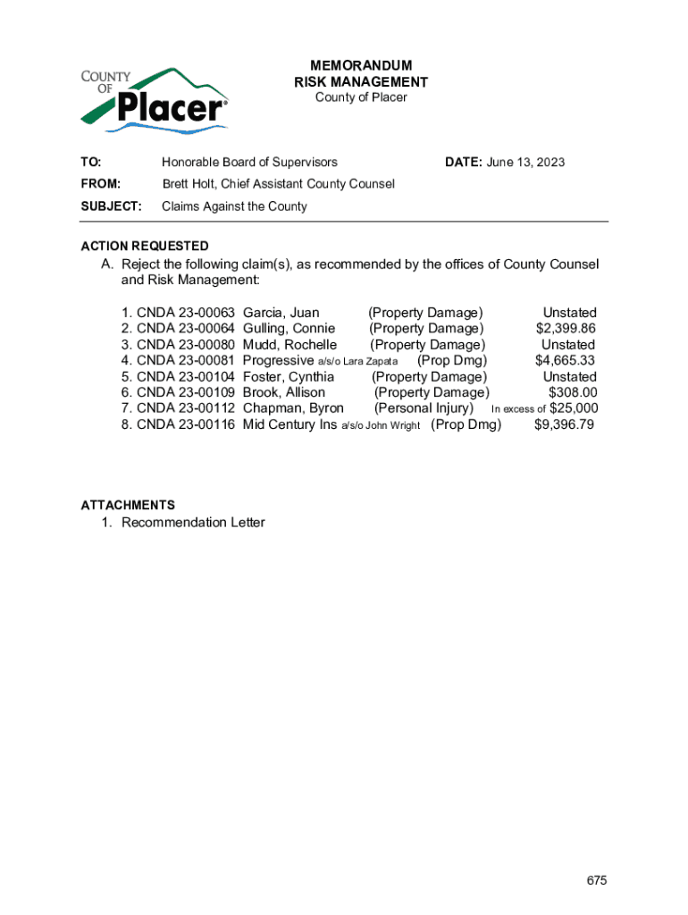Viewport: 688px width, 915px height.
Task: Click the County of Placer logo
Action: pyautogui.click(x=154, y=99)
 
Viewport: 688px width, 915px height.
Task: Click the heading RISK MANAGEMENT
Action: pyautogui.click(x=361, y=82)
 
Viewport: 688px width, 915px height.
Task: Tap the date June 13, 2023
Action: pyautogui.click(x=525, y=162)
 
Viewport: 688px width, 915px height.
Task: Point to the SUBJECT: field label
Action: pyautogui.click(x=112, y=206)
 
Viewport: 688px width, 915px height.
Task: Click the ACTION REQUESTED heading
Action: pyautogui.click(x=145, y=246)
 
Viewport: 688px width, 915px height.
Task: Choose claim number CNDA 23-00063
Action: pyautogui.click(x=185, y=313)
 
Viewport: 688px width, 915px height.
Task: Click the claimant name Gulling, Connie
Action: pyautogui.click(x=289, y=329)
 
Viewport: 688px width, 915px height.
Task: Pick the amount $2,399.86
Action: pyautogui.click(x=566, y=329)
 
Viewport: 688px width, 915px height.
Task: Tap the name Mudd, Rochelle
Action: pyautogui.click(x=289, y=345)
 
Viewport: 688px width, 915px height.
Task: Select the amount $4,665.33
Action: pyautogui.click(x=565, y=361)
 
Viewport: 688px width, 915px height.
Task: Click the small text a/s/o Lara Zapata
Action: pyautogui.click(x=357, y=362)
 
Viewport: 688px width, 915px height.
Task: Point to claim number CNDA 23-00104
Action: pyautogui.click(x=185, y=377)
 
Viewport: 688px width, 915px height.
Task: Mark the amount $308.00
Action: pyautogui.click(x=573, y=393)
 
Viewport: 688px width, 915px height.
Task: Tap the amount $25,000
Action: pyautogui.click(x=574, y=409)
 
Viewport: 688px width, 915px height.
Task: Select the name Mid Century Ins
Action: pyautogui.click(x=289, y=425)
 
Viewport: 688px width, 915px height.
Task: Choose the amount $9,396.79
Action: pyautogui.click(x=564, y=425)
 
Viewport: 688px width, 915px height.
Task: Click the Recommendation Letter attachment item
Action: pyautogui.click(x=193, y=523)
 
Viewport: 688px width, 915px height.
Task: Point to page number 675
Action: pyautogui.click(x=597, y=856)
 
